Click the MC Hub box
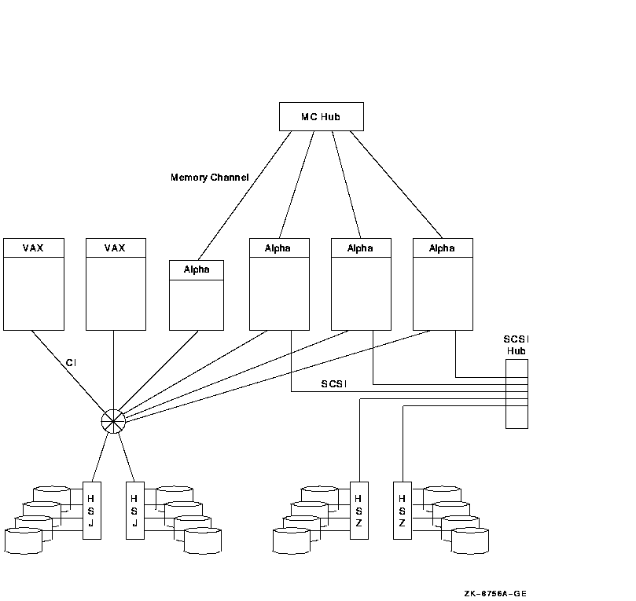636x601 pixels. coord(321,116)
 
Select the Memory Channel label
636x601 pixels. coord(209,178)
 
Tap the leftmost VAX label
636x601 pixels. coord(33,248)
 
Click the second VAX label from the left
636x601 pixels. coord(115,248)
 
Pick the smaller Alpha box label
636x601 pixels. coord(197,269)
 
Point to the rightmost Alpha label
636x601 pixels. coord(442,248)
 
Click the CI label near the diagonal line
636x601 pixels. coord(71,363)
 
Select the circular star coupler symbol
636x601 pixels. coord(113,421)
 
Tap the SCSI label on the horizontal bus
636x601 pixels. coord(334,384)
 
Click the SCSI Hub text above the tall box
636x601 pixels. coord(516,345)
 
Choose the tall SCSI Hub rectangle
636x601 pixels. coord(517,394)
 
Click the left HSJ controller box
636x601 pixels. coord(92,510)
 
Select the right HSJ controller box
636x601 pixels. coord(135,510)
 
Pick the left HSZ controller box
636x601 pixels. coord(358,510)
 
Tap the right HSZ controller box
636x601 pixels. coord(403,510)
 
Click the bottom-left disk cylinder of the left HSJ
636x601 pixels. coord(23,541)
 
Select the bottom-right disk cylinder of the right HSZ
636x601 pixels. coord(470,541)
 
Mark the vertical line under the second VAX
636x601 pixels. coord(114,369)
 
